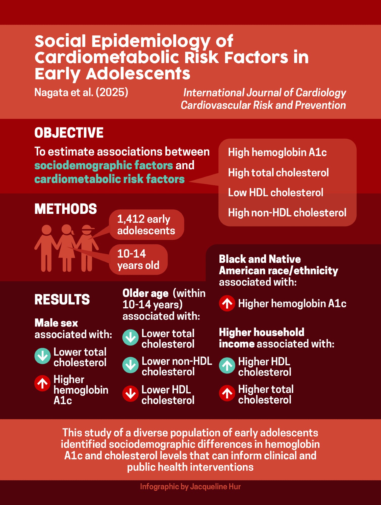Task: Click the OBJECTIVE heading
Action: coord(69,133)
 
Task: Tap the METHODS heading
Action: coord(66,209)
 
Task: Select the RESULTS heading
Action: coord(62,299)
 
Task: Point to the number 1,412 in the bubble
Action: coord(131,219)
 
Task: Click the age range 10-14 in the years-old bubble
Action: coord(132,254)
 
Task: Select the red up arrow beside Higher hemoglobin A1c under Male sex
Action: coord(42,383)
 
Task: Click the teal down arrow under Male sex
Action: coord(42,356)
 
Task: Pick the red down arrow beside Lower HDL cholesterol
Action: coord(131,393)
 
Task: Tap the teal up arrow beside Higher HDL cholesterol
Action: coord(227,365)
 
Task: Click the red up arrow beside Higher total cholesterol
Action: coord(227,393)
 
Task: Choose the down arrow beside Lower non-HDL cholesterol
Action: coord(131,365)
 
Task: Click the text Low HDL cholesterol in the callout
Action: coord(275,193)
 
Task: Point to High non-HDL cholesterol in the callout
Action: coord(287,213)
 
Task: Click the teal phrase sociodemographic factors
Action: coord(104,165)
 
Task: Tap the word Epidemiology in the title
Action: coord(151,42)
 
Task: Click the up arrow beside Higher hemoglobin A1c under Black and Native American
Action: coord(227,303)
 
